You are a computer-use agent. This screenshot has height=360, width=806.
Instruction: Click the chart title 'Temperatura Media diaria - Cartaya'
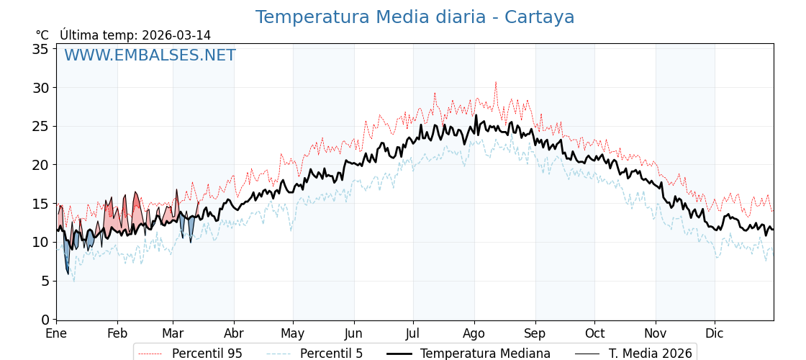point(415,17)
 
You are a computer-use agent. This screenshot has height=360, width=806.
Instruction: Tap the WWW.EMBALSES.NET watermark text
point(150,55)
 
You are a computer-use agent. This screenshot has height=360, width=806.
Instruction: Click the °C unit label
point(42,35)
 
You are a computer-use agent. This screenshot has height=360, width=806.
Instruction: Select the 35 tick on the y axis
point(40,49)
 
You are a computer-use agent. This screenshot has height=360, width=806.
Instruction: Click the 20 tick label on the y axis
point(40,165)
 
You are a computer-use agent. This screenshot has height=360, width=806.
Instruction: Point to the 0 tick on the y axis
point(45,319)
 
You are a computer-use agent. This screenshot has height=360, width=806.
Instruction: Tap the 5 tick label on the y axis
point(45,281)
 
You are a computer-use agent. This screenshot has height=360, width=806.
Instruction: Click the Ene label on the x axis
point(56,333)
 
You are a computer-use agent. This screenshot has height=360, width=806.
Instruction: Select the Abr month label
point(234,333)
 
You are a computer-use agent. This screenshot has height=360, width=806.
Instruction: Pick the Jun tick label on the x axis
point(353,333)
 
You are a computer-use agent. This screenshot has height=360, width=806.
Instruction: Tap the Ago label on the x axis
point(474,333)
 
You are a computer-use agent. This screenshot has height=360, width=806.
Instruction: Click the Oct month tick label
point(594,333)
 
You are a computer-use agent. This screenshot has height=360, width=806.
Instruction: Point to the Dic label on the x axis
point(715,333)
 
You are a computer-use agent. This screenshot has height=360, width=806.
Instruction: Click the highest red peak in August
point(495,83)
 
